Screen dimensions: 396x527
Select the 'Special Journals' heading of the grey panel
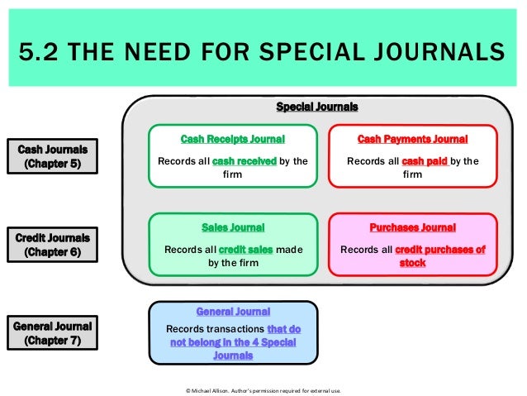click(316, 107)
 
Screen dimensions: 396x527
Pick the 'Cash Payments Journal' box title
click(412, 139)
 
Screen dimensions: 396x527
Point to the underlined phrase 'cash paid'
click(423, 161)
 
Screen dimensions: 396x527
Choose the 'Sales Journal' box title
click(233, 227)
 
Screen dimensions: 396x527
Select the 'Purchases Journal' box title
click(412, 227)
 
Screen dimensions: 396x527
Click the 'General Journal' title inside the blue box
click(233, 312)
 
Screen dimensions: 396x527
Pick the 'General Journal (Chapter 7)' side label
click(52, 332)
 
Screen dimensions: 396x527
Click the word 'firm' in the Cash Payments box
click(412, 175)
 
